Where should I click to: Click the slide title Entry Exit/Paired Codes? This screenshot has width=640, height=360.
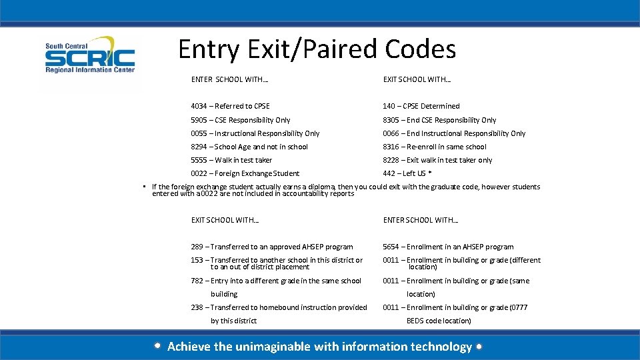[317, 49]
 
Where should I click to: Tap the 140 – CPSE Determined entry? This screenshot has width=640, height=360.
[421, 106]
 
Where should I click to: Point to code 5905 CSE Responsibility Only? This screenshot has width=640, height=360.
[240, 120]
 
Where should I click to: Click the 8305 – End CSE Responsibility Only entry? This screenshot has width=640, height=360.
[439, 120]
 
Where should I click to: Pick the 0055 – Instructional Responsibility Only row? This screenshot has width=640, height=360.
[255, 133]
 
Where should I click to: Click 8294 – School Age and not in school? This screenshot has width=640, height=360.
[249, 147]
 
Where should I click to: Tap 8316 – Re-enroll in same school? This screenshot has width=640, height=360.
[434, 147]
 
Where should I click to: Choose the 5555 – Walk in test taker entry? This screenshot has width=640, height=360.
[231, 160]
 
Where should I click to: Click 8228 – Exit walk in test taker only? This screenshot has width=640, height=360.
[437, 160]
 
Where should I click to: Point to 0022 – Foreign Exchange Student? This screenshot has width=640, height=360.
[245, 173]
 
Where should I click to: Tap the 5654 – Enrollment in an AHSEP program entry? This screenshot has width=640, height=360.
[448, 247]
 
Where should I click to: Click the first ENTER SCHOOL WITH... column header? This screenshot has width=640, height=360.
[230, 79]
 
